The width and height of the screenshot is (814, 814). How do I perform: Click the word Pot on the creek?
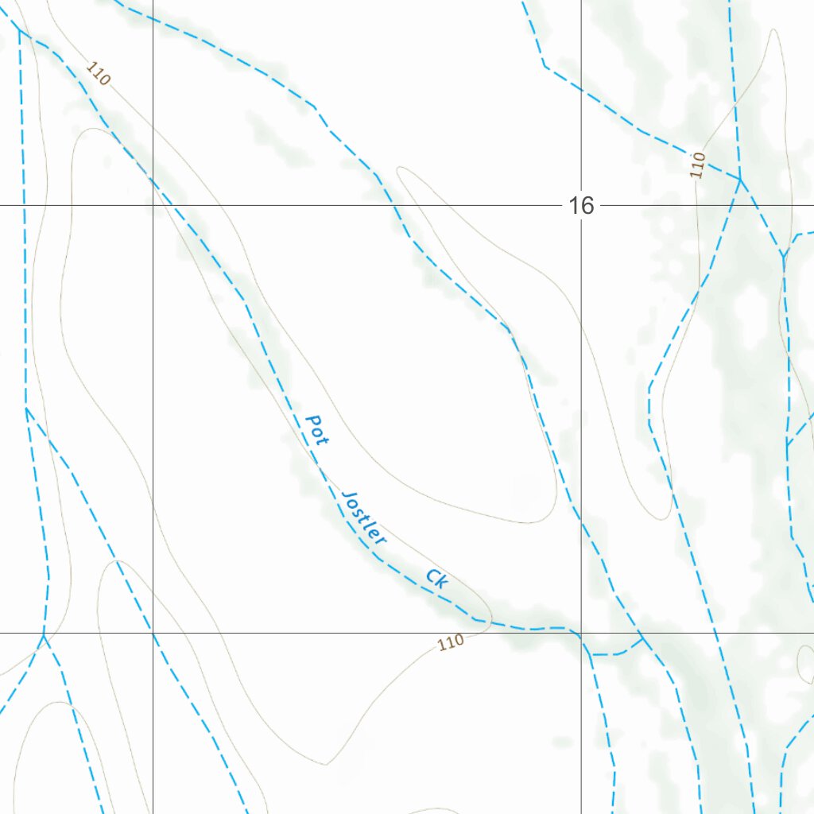tap(317, 429)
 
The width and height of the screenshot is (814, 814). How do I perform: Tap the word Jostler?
tap(363, 517)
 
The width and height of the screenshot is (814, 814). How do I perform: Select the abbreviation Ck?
tap(437, 578)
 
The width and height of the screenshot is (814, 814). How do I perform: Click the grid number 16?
tap(581, 206)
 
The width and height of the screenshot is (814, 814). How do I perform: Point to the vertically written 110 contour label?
tap(698, 165)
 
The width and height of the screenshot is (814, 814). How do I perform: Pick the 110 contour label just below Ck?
tap(451, 642)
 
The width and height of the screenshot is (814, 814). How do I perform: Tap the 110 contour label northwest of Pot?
tap(98, 74)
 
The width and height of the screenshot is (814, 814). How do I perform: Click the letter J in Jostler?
tap(347, 498)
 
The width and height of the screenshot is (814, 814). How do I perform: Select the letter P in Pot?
tap(312, 419)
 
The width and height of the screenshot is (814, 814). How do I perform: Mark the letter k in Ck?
tap(443, 583)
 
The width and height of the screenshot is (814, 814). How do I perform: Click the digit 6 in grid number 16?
tap(587, 206)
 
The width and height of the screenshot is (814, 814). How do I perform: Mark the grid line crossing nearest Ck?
tap(581, 634)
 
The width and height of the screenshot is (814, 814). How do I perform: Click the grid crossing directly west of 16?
tap(153, 206)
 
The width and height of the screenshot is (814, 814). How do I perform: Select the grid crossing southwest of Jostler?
tap(153, 634)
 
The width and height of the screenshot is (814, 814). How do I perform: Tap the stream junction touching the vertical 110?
tap(741, 180)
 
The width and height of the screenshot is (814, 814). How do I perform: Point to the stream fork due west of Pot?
tap(26, 409)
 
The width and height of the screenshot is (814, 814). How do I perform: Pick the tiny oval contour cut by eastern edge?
tap(804, 664)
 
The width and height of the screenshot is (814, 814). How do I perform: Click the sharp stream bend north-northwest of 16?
tap(545, 65)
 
